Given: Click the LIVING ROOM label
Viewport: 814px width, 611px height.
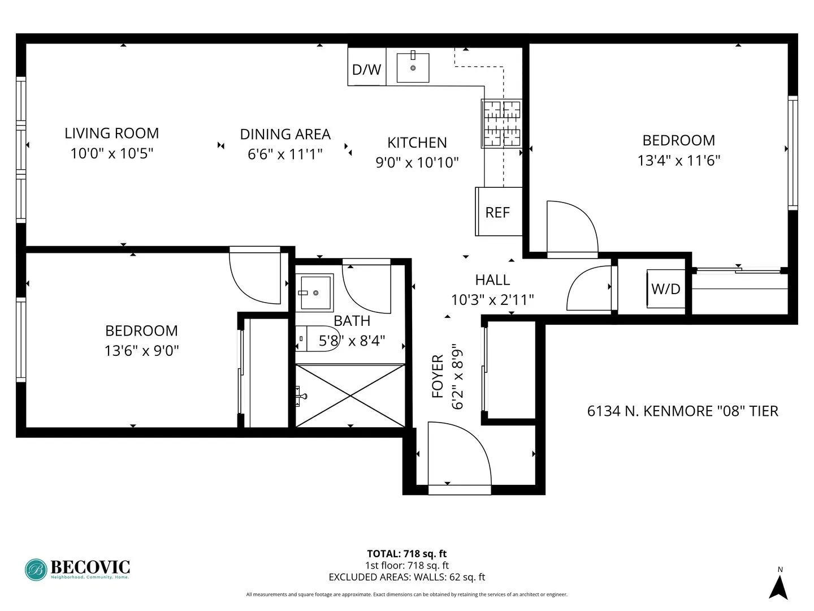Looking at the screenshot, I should [111, 134].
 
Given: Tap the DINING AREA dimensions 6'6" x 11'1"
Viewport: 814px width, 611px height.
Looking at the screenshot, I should [285, 154].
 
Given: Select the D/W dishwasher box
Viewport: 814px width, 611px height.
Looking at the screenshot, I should [366, 69].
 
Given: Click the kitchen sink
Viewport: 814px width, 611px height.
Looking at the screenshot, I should [413, 67].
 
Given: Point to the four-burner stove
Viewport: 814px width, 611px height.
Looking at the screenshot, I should [501, 123].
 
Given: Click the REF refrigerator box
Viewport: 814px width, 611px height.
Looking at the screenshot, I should [498, 212].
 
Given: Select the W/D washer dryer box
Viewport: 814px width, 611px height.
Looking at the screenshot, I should [666, 289].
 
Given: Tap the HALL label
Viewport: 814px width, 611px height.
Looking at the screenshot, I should [492, 280].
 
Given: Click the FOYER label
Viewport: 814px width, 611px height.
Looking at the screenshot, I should [438, 376].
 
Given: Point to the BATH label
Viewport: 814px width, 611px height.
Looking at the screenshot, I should [352, 321].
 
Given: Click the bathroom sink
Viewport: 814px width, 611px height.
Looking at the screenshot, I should [315, 292].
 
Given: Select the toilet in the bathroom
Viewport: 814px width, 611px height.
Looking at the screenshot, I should [317, 339].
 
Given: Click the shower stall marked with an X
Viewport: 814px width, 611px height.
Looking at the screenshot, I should [350, 395].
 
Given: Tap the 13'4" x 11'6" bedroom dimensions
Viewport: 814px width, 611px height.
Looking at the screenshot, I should [678, 161].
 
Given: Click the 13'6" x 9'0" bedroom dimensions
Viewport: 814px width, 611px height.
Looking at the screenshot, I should [141, 351].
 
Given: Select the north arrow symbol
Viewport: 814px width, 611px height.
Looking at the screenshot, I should [778, 586].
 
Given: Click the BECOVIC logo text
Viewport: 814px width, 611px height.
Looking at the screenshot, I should [90, 567].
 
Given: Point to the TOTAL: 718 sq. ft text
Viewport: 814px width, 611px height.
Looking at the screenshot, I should [406, 554].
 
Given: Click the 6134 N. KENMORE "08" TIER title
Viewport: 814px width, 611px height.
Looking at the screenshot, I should [682, 411].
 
